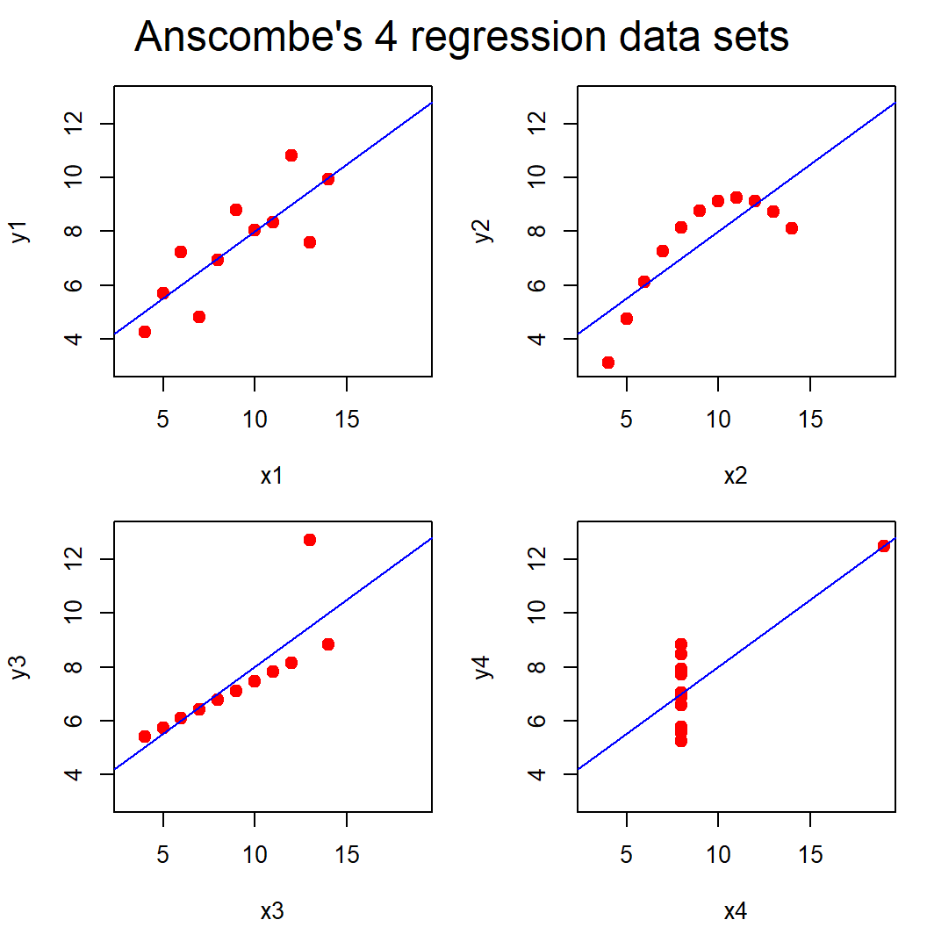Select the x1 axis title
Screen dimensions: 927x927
click(x=272, y=477)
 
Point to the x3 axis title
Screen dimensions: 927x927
click(x=272, y=911)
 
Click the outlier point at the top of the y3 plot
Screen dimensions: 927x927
click(x=310, y=540)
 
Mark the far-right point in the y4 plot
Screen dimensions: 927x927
click(x=884, y=546)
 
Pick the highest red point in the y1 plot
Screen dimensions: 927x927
click(x=291, y=155)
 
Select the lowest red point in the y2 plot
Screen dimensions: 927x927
click(x=607, y=363)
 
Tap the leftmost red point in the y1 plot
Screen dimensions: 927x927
click(x=145, y=332)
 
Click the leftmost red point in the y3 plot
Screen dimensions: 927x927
click(x=145, y=737)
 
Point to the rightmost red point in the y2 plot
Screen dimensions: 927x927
click(x=792, y=228)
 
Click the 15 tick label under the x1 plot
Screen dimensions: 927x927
click(x=347, y=420)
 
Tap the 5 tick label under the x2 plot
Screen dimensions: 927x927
click(x=626, y=420)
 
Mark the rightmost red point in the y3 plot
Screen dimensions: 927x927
click(x=328, y=644)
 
